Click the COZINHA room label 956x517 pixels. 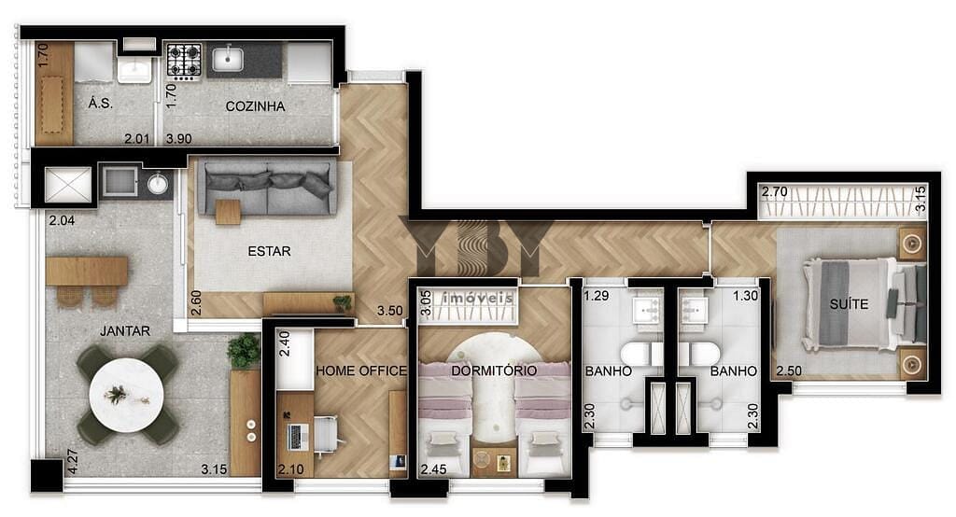(x=255, y=106)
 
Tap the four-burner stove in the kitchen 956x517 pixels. (x=184, y=61)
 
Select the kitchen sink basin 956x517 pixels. (x=228, y=59)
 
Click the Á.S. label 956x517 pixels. (x=100, y=103)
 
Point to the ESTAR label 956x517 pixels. (x=269, y=251)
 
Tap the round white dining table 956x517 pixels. (x=126, y=395)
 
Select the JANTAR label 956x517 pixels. (x=125, y=331)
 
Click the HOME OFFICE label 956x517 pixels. (x=361, y=370)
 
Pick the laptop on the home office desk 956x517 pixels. (x=297, y=436)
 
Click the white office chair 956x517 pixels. (x=328, y=434)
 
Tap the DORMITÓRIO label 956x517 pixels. (x=494, y=370)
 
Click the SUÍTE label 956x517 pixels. (x=849, y=303)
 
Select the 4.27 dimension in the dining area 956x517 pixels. (x=73, y=462)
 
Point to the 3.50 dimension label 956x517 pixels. (x=389, y=311)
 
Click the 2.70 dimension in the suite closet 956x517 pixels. (x=774, y=191)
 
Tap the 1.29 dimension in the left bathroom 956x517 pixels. (x=597, y=296)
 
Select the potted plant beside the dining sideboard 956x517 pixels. (x=244, y=351)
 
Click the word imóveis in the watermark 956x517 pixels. (x=477, y=298)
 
